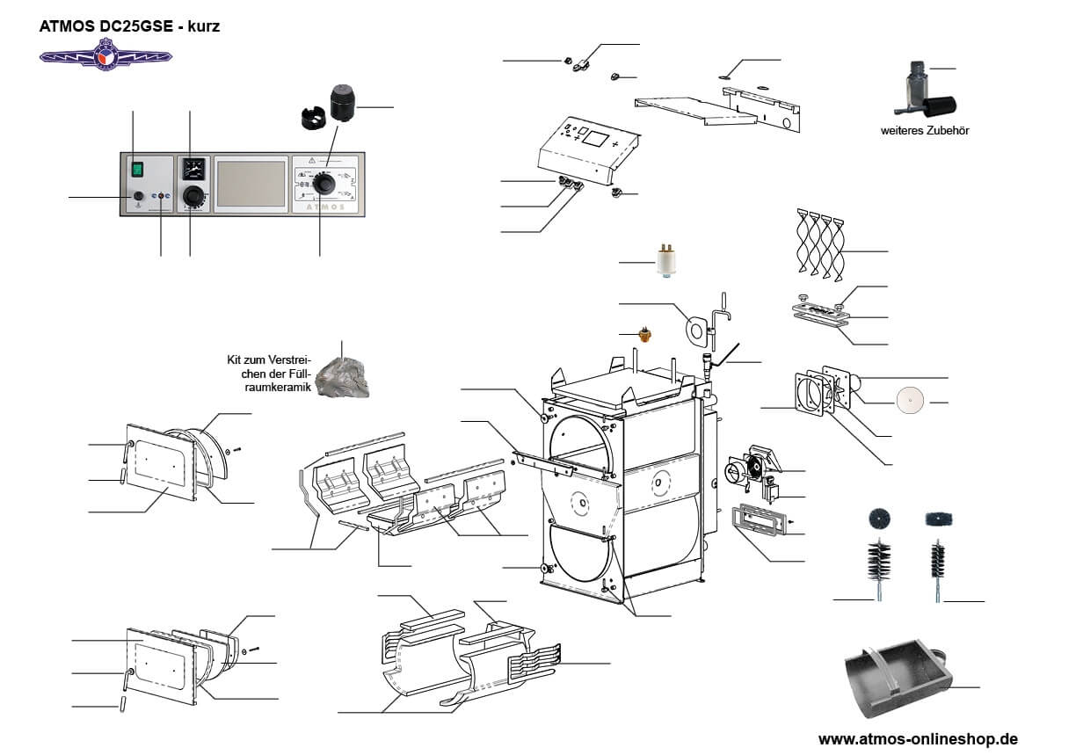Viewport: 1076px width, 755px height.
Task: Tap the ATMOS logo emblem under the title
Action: coord(105,57)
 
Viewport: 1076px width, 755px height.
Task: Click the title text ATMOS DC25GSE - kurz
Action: coord(129,26)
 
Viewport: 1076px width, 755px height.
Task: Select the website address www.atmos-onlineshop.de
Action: coord(918,738)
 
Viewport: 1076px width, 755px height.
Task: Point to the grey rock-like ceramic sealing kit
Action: coord(344,376)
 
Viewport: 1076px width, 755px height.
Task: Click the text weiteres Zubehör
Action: coord(919,131)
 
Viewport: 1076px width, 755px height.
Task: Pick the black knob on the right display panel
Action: coord(325,183)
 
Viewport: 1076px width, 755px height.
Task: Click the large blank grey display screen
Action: coord(251,184)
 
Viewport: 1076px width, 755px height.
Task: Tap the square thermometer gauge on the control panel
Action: coord(193,167)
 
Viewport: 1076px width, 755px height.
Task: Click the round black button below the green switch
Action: coord(137,196)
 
